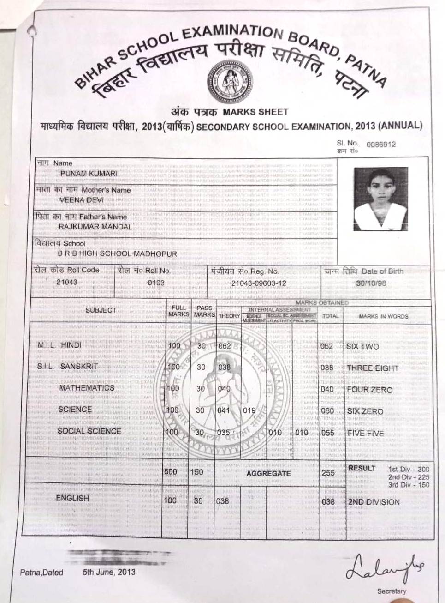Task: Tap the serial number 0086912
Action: click(381, 144)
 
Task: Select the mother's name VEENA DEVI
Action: click(81, 200)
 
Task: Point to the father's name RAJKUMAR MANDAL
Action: click(95, 227)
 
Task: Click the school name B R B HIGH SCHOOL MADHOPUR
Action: click(117, 253)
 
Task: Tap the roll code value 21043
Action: click(67, 282)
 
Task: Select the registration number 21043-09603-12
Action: click(258, 283)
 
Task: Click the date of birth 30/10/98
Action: click(371, 283)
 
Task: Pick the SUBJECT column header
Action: click(101, 310)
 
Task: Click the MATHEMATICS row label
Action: click(87, 388)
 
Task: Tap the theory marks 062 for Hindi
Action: click(225, 346)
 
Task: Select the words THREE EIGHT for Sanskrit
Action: click(372, 368)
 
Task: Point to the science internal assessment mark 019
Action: click(249, 410)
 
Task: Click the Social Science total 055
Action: click(328, 433)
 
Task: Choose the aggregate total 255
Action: click(328, 473)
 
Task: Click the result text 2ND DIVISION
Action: click(374, 502)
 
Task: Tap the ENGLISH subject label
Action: click(72, 498)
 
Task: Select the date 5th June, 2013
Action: click(109, 572)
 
